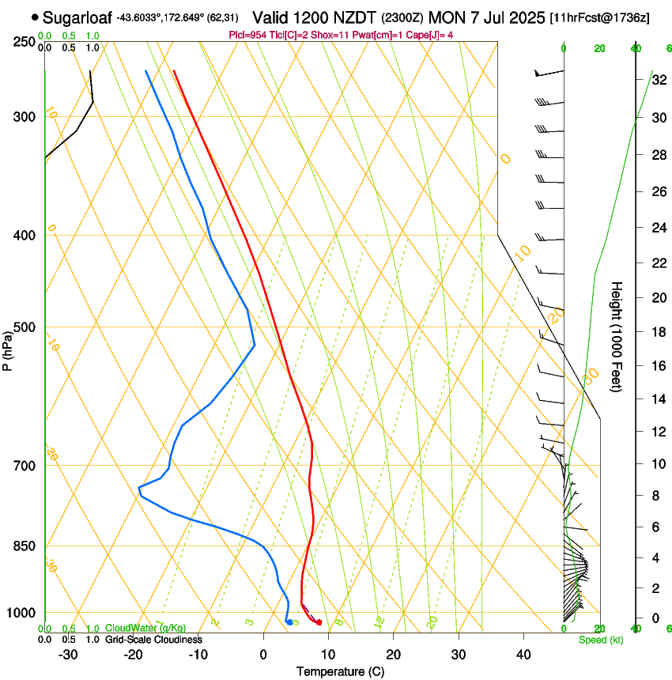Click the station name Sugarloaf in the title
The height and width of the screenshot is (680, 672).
point(77,17)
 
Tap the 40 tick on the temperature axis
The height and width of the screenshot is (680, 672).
point(523,655)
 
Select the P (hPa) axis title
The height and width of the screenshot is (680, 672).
point(8,347)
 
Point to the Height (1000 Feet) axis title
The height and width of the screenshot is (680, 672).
point(617,336)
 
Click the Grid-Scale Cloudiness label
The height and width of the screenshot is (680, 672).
point(153,640)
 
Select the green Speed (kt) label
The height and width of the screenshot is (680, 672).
point(600,640)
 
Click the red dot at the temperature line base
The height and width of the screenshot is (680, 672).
point(319,623)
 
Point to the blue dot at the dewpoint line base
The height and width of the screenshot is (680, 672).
point(289,622)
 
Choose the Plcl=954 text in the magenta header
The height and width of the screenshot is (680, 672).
point(246,35)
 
